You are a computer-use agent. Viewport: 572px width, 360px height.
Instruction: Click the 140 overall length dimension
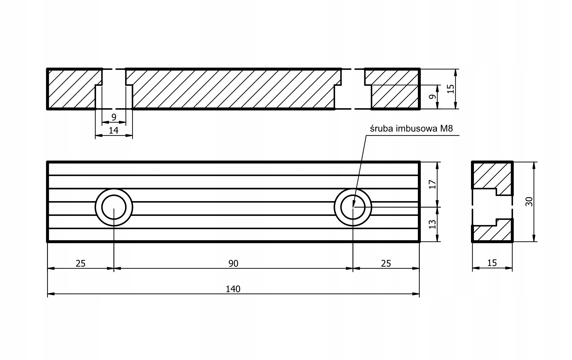click(x=233, y=289)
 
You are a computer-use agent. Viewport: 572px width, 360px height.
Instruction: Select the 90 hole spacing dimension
click(x=233, y=263)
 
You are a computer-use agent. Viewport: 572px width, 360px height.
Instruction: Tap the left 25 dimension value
click(x=80, y=263)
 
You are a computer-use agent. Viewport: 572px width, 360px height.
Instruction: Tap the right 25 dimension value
click(x=386, y=263)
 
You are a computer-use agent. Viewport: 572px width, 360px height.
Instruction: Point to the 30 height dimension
click(x=529, y=202)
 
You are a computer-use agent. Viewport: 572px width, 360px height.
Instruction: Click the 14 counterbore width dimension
click(x=113, y=130)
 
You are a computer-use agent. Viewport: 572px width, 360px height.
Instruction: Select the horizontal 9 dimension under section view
click(x=114, y=117)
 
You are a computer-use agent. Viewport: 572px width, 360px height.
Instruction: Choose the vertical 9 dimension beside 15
click(x=431, y=97)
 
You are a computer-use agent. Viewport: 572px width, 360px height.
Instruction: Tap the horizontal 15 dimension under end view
click(x=492, y=263)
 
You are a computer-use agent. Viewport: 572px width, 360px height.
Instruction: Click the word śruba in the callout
click(x=381, y=129)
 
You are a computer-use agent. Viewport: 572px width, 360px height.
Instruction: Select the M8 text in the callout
click(x=446, y=129)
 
